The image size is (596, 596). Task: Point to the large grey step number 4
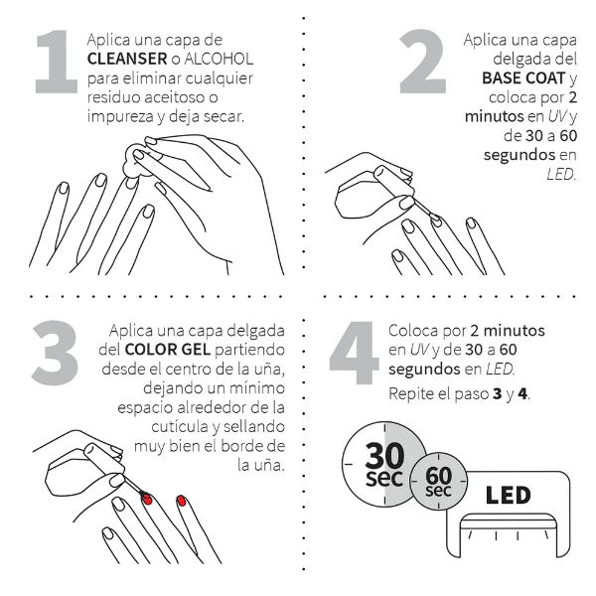pyautogui.click(x=353, y=359)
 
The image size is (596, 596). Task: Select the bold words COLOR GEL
pyautogui.click(x=164, y=350)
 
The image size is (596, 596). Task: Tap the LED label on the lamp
pyautogui.click(x=507, y=495)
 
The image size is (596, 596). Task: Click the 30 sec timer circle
pyautogui.click(x=382, y=463)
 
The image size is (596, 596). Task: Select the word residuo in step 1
pyautogui.click(x=116, y=97)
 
